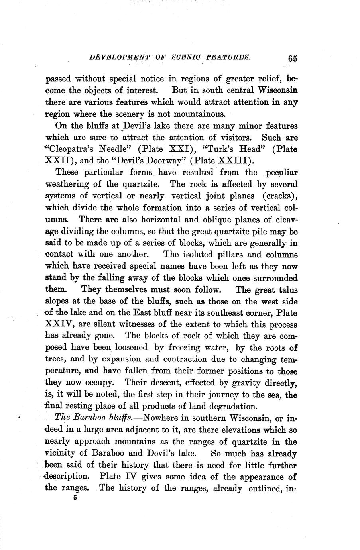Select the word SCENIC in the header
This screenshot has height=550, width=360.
184,57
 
